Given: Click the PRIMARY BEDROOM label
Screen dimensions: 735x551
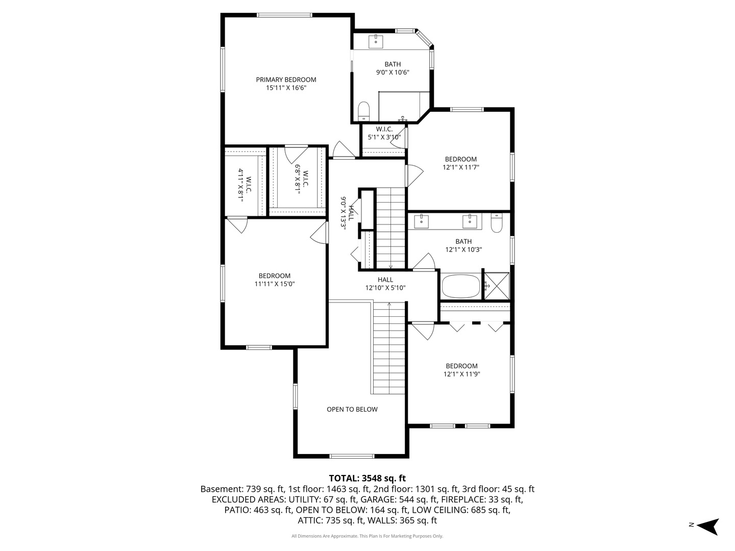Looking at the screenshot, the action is pyautogui.click(x=286, y=80).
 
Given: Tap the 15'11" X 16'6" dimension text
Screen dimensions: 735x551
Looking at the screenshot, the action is pyautogui.click(x=286, y=88).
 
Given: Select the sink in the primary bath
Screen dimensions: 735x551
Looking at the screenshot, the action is pyautogui.click(x=376, y=41).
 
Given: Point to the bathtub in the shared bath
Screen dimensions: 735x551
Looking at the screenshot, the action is pyautogui.click(x=461, y=286).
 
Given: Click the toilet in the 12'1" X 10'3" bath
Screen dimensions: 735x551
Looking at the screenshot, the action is pyautogui.click(x=497, y=223).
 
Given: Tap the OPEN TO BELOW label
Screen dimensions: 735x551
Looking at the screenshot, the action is pyautogui.click(x=352, y=410).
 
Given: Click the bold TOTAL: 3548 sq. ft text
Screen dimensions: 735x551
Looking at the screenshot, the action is pyautogui.click(x=367, y=478).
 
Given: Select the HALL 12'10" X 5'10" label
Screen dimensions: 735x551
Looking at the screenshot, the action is pyautogui.click(x=385, y=284).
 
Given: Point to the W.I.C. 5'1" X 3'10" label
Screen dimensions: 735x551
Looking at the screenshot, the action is pyautogui.click(x=384, y=133).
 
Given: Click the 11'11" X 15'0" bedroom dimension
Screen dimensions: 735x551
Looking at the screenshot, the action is pyautogui.click(x=275, y=284).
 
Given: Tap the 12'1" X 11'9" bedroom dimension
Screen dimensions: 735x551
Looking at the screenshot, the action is pyautogui.click(x=462, y=374).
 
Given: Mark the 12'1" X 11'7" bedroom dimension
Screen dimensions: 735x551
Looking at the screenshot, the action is pyautogui.click(x=461, y=168).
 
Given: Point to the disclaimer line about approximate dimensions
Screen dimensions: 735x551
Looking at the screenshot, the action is pyautogui.click(x=367, y=536).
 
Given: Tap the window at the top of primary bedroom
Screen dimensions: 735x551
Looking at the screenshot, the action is pyautogui.click(x=284, y=15).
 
